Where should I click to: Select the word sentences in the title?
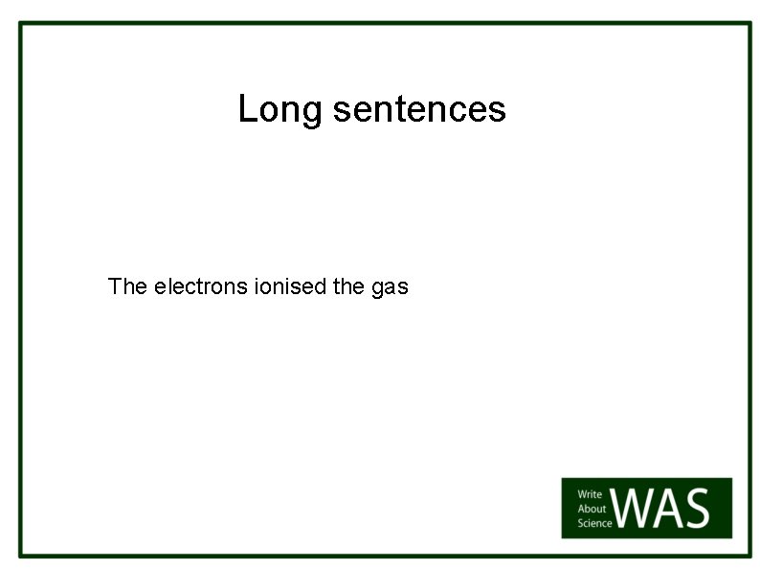coord(419,109)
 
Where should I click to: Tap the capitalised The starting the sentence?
coord(127,286)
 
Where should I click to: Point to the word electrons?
coord(201,286)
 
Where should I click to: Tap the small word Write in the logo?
coord(590,495)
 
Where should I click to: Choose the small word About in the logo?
coord(592,509)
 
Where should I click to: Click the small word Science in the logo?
coord(593,523)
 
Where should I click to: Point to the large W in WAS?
coord(637,509)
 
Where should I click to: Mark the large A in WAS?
coord(674,509)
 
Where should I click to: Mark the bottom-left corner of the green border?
coord(21,555)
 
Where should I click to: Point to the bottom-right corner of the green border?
coord(749,555)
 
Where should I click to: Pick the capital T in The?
coord(115,286)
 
